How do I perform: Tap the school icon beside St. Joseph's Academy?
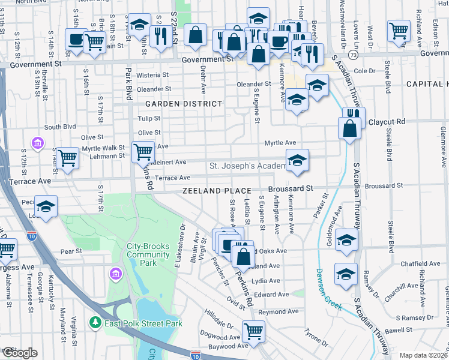pos(297,160)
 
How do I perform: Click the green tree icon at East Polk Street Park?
pos(95,323)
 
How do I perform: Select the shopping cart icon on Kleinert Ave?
pos(143,152)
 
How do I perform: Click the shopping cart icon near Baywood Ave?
pos(254,329)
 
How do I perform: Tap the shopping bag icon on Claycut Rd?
pos(350,128)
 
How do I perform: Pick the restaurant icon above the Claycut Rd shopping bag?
pos(354,115)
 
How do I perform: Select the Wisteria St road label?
pos(153,75)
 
